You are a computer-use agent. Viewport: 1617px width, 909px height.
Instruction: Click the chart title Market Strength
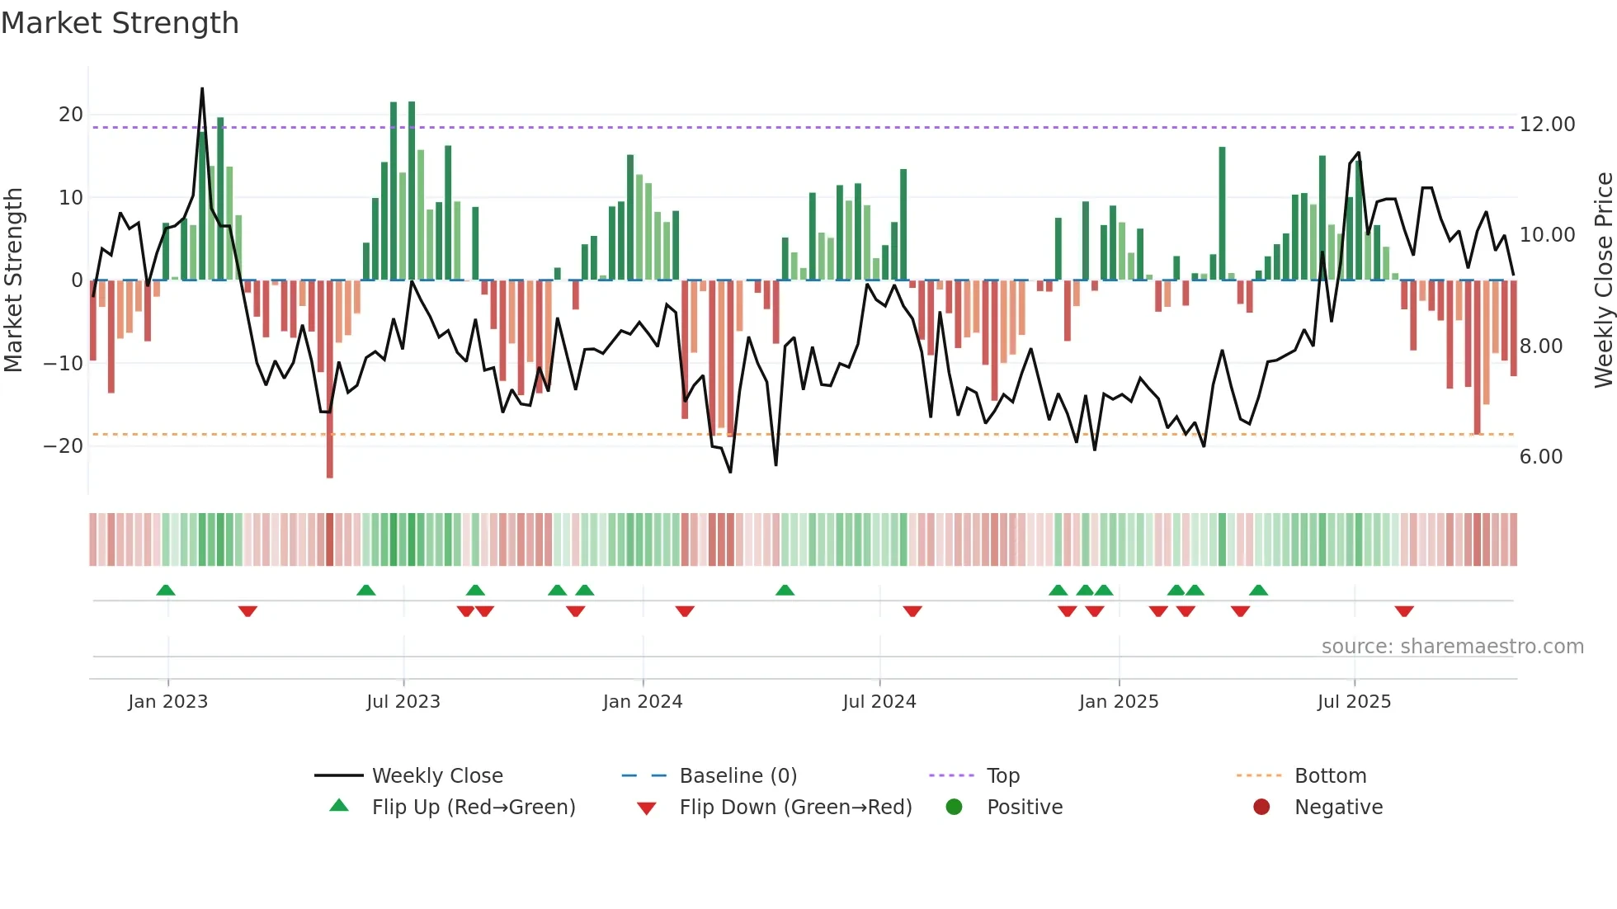coord(120,23)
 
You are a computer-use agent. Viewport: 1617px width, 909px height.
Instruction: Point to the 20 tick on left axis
coord(71,115)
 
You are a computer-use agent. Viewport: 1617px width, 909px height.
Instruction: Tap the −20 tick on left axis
coord(64,446)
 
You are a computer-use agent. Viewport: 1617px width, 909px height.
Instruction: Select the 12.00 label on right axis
coord(1547,125)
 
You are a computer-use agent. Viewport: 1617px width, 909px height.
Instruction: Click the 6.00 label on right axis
coord(1540,457)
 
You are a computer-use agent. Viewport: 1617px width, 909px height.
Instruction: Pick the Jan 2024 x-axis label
coord(643,702)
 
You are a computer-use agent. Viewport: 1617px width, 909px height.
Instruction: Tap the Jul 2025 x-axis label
coord(1354,702)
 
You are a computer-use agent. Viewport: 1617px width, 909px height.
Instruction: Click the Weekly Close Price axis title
coord(1603,280)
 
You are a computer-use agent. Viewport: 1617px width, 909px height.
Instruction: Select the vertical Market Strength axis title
coord(13,280)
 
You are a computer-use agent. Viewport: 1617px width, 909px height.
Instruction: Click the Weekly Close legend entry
coord(436,776)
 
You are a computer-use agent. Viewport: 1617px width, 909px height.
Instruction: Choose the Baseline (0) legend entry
coord(738,776)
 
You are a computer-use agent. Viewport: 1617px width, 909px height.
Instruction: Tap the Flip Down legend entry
coord(794,808)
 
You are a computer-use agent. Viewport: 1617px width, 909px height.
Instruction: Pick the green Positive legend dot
coord(955,808)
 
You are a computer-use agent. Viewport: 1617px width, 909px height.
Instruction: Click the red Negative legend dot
coord(1261,808)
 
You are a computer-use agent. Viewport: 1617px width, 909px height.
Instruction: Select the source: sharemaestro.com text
coord(1452,647)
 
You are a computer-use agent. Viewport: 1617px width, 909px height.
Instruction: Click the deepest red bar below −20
coord(330,462)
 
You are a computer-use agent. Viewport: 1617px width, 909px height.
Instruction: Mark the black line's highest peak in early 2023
coord(202,89)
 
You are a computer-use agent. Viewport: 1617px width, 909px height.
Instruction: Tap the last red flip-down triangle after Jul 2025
coord(1404,611)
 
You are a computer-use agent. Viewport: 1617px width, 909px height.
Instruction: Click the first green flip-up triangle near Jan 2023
coord(166,590)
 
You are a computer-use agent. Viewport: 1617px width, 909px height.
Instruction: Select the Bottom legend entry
coord(1330,776)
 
